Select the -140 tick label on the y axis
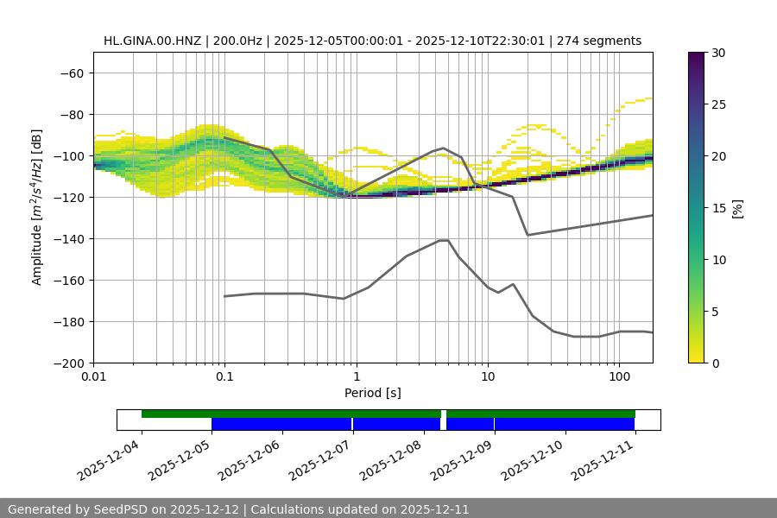point(69,239)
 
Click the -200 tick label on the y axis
point(69,363)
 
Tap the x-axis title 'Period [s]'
point(372,394)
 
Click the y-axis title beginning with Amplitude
point(37,207)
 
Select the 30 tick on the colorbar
point(718,53)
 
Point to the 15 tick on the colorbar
point(718,208)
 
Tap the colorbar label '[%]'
point(737,208)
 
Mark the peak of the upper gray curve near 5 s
point(444,148)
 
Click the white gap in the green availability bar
point(444,414)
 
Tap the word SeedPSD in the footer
point(120,509)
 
